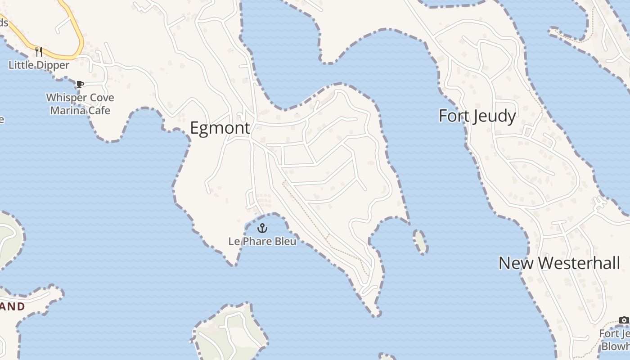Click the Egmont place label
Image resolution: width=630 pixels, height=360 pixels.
tap(220, 128)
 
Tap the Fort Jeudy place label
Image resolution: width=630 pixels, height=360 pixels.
tap(477, 116)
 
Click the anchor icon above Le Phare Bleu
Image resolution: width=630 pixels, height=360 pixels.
tap(262, 229)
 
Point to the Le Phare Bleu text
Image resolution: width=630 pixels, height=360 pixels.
tap(262, 242)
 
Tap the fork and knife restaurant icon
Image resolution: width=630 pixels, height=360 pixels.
tap(39, 52)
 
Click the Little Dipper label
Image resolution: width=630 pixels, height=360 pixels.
tap(39, 65)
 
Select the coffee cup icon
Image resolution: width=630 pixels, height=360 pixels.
tap(80, 84)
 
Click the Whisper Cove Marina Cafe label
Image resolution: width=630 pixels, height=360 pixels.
tap(80, 104)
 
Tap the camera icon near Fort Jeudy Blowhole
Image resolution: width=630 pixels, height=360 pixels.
tap(624, 320)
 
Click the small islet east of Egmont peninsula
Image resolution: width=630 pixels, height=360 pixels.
tap(421, 242)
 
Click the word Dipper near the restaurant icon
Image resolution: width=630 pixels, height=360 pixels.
tap(53, 65)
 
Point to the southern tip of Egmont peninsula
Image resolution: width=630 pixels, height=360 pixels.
tap(376, 314)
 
